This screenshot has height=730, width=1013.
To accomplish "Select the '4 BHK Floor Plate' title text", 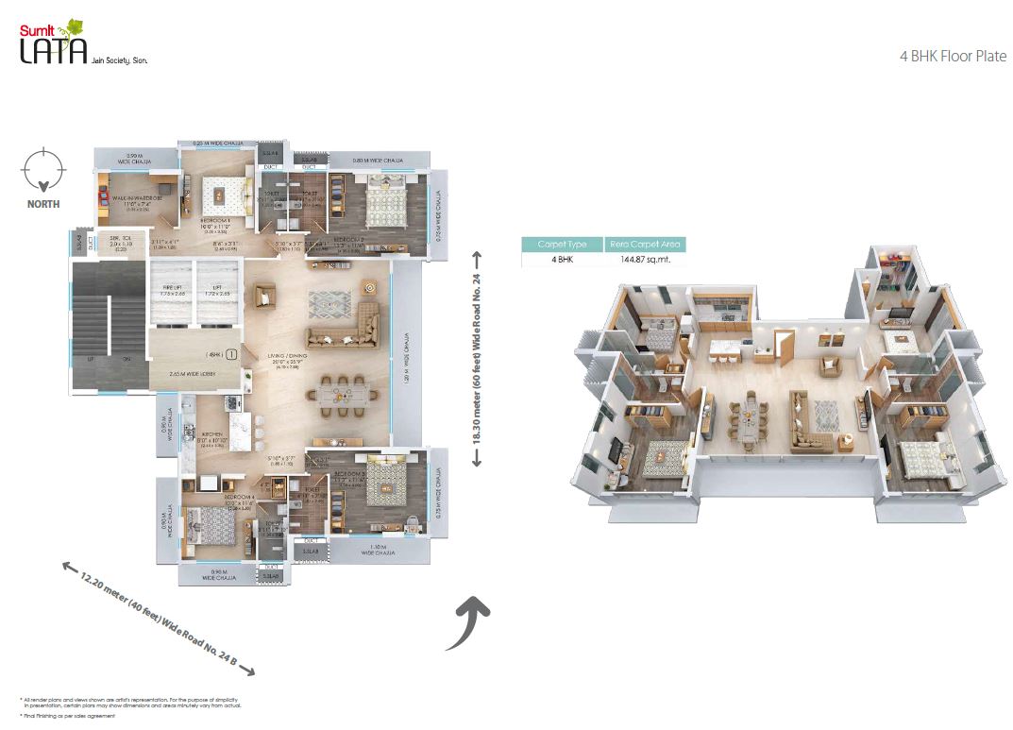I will tap(953, 57).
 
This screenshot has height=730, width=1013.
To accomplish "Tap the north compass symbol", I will tap(41, 169).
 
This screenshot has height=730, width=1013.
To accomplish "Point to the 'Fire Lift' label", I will tap(170, 290).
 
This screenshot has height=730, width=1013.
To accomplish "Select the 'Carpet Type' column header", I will tap(562, 244).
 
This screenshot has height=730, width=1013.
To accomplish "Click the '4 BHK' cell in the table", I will tap(562, 260).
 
